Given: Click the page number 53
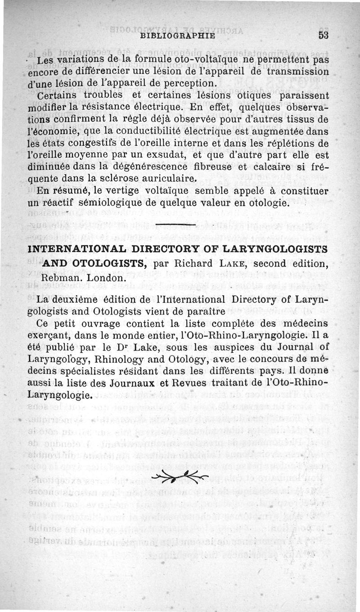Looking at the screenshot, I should coord(324,35).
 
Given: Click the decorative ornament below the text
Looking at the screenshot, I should coord(180,477).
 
